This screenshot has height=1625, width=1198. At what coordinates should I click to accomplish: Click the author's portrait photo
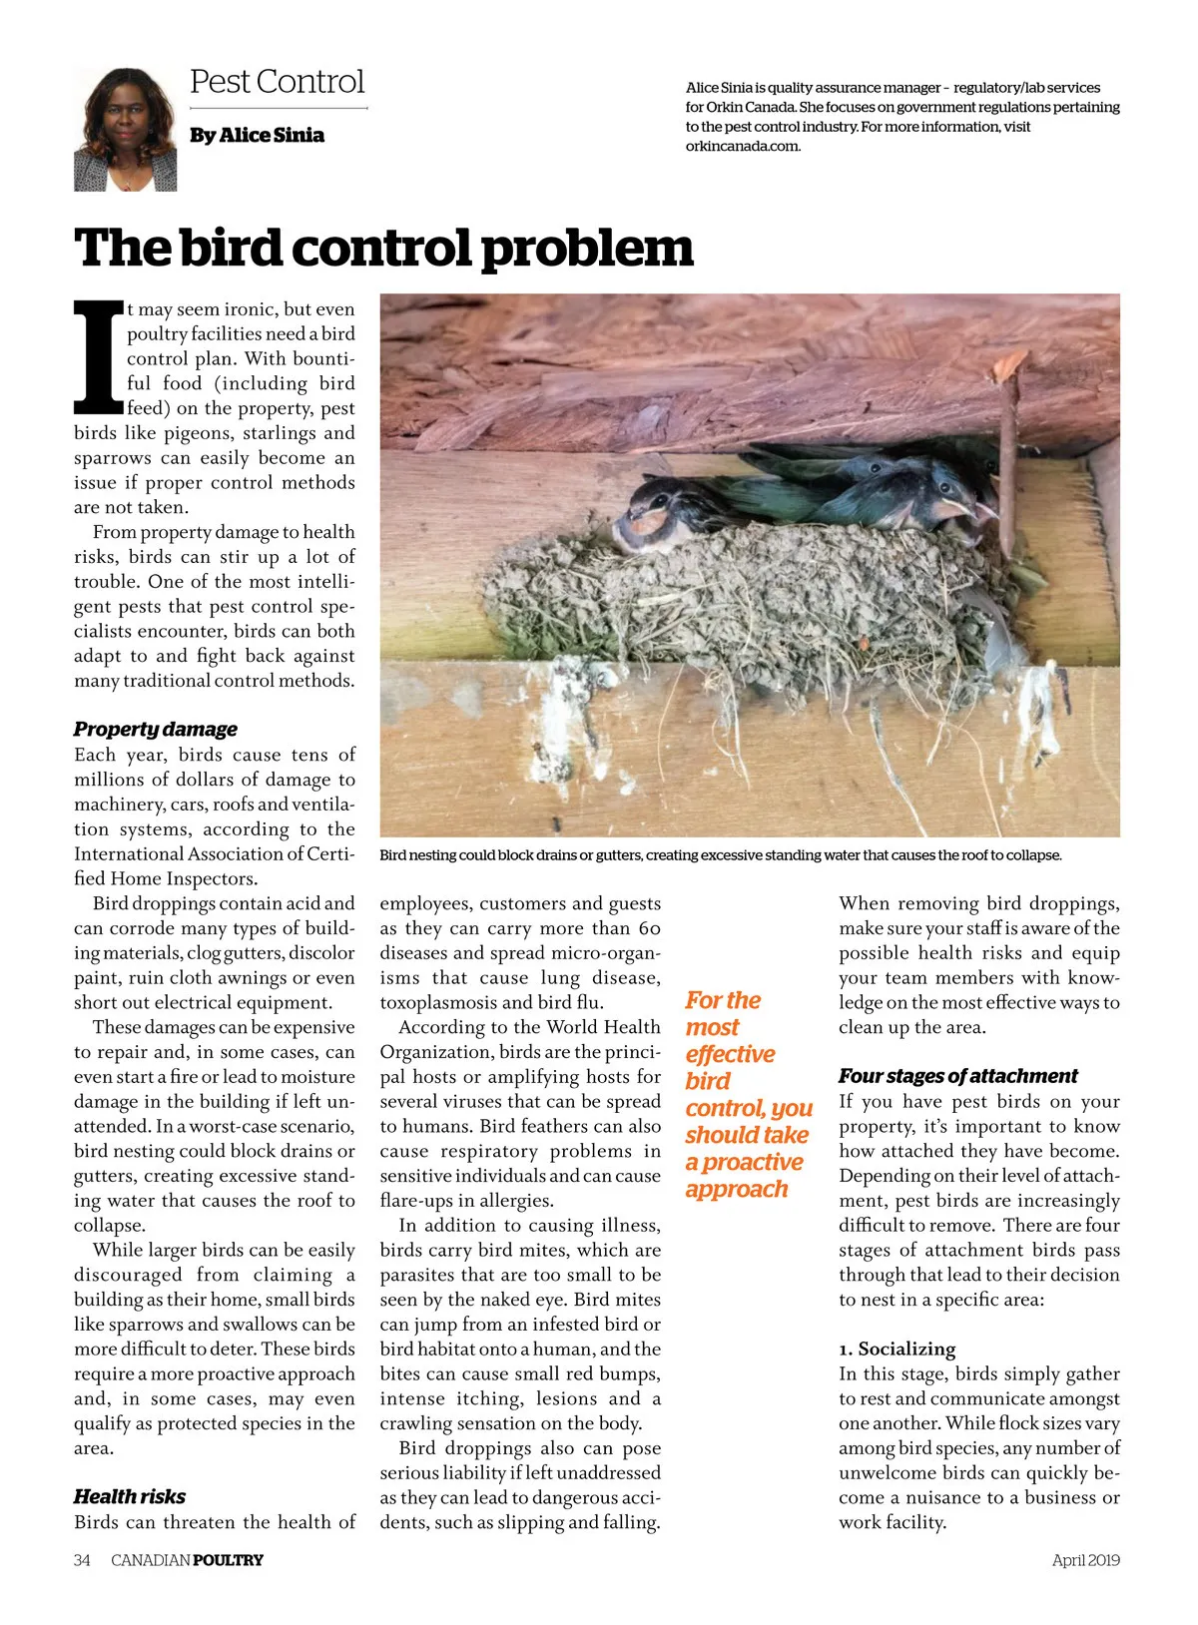pyautogui.click(x=125, y=129)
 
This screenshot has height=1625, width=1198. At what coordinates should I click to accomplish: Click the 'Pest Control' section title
pyautogui.click(x=277, y=82)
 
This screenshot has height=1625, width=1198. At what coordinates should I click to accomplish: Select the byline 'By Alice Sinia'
pyautogui.click(x=257, y=135)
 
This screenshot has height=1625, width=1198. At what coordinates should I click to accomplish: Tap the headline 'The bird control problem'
pyautogui.click(x=383, y=249)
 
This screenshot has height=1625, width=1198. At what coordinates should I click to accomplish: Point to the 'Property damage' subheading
pyautogui.click(x=156, y=729)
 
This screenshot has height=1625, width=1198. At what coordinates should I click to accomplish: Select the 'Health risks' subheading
pyautogui.click(x=130, y=1496)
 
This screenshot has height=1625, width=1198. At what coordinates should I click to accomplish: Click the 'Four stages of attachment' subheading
pyautogui.click(x=957, y=1076)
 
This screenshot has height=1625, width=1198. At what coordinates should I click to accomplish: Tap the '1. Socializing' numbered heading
pyautogui.click(x=897, y=1349)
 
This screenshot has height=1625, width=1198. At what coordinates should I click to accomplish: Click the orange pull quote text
pyautogui.click(x=747, y=1095)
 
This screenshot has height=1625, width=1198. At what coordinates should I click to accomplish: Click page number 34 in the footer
pyautogui.click(x=82, y=1560)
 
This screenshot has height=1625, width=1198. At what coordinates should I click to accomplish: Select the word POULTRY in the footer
pyautogui.click(x=228, y=1560)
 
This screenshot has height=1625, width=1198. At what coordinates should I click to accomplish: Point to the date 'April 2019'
pyautogui.click(x=1085, y=1560)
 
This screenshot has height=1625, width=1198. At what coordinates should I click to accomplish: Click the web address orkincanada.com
pyautogui.click(x=743, y=146)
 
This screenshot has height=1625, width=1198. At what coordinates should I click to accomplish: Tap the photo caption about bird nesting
pyautogui.click(x=720, y=855)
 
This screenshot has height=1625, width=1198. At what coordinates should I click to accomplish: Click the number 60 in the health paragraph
pyautogui.click(x=649, y=928)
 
